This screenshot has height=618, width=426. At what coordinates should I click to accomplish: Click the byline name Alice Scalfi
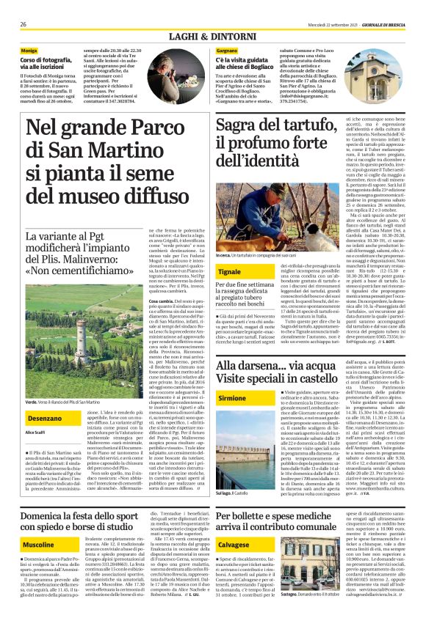[x=35, y=433]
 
